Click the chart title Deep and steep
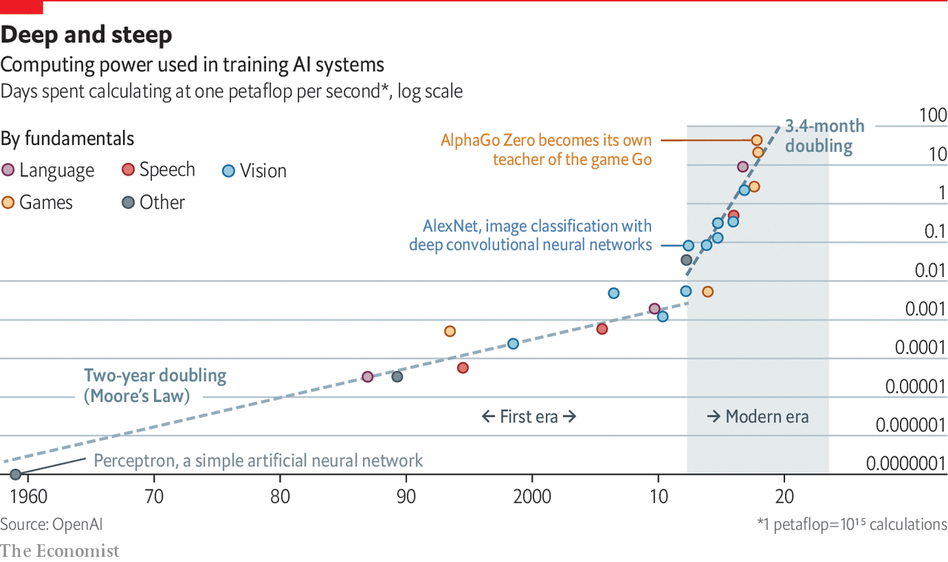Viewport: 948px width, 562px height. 87,35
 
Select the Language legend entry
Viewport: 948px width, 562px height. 49,170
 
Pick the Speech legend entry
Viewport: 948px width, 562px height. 158,170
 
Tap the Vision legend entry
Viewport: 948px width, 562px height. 255,171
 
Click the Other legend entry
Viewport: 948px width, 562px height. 154,202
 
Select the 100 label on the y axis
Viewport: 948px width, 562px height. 932,116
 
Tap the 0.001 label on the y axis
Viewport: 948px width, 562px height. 926,309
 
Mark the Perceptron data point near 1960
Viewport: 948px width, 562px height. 16,474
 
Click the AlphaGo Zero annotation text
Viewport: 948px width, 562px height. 546,150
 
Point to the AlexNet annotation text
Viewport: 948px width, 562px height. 530,235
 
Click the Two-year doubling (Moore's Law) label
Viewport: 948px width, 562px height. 155,386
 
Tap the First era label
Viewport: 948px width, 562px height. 529,416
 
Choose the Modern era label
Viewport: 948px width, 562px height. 758,416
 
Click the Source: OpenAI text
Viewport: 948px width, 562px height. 51,524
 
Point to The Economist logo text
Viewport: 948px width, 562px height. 59,551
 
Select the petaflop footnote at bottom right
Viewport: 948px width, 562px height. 852,524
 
